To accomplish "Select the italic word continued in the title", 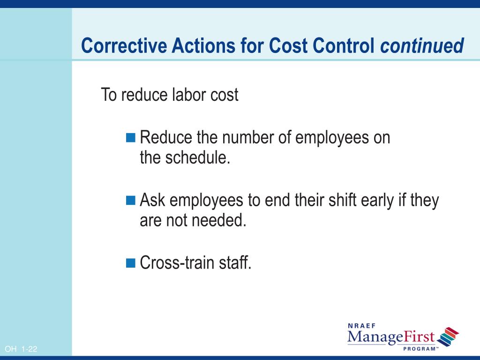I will click(422, 46).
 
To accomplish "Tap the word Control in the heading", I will click(344, 46).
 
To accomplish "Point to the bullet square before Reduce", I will click(131, 138).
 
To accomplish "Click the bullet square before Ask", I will click(131, 201).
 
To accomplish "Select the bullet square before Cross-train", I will click(131, 262).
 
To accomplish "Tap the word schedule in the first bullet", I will click(197, 158).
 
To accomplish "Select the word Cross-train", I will click(178, 262).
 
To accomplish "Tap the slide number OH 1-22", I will click(21, 349).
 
